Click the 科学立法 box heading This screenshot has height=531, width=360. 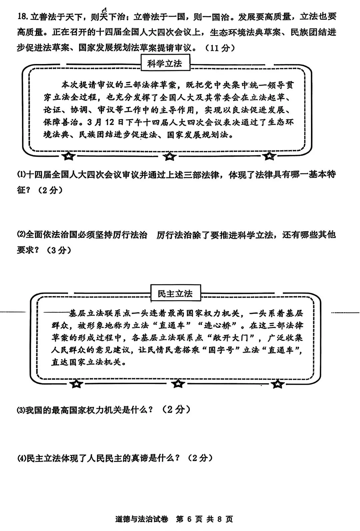(x=165, y=63)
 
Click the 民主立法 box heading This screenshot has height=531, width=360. (x=175, y=294)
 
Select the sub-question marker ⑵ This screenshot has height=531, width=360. (x=21, y=235)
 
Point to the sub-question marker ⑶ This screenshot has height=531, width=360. (x=21, y=410)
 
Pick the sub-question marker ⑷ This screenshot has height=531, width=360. (x=21, y=458)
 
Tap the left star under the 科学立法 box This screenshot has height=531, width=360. (x=69, y=156)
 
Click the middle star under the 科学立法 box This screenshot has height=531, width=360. (x=170, y=156)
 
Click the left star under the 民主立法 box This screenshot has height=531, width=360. (x=77, y=384)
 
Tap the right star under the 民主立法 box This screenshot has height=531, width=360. (x=278, y=384)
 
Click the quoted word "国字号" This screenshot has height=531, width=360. (x=221, y=350)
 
